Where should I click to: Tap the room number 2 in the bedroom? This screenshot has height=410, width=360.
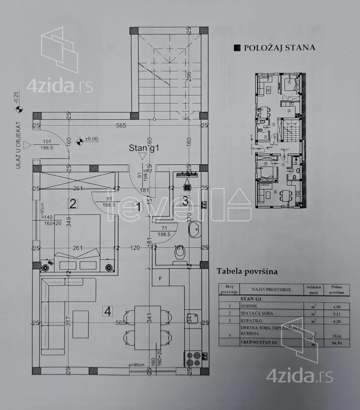[x=73, y=204]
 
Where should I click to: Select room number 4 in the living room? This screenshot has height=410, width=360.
[x=108, y=312]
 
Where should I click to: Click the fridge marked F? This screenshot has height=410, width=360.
[x=160, y=279]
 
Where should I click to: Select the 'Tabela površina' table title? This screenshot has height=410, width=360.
[x=247, y=271]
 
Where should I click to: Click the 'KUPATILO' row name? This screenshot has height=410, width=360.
[x=252, y=321]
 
